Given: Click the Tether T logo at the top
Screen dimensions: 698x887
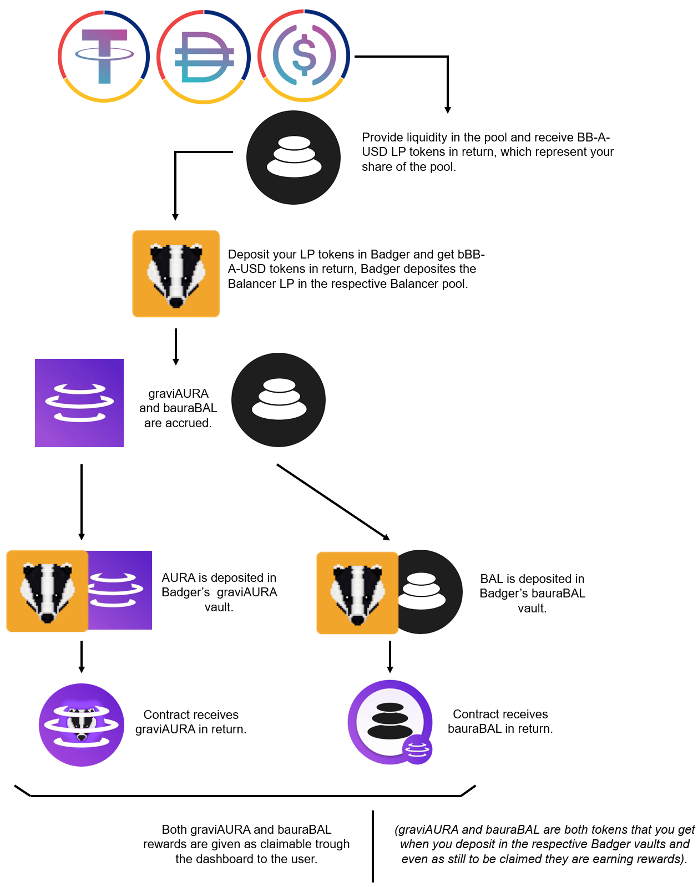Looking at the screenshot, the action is tap(104, 56).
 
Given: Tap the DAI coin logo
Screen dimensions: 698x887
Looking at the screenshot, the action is tap(204, 57).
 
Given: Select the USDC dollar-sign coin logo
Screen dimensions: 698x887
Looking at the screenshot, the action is tap(304, 55).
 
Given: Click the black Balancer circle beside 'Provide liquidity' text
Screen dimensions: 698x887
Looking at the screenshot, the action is tap(294, 158).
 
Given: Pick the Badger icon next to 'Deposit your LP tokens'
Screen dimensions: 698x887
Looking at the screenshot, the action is tap(176, 273).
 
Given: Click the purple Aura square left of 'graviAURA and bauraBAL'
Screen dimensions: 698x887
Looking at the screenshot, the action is tap(79, 403).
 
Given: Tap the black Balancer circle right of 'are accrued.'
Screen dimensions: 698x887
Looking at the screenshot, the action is tap(279, 400).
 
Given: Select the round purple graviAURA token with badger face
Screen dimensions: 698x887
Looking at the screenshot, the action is tap(82, 725).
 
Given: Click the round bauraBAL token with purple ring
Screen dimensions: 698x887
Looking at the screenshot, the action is tap(390, 722).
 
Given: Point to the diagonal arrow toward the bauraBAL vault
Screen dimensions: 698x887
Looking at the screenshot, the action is tap(333, 502).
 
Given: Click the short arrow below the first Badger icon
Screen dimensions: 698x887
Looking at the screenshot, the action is tap(176, 347).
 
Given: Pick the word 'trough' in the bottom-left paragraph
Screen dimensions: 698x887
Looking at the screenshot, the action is tap(332, 844).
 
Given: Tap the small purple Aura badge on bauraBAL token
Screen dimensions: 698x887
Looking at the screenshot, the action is tap(417, 749).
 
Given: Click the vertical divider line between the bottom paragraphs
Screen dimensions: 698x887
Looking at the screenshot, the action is tap(373, 847).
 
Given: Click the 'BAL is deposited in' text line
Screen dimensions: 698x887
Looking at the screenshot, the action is tap(532, 579).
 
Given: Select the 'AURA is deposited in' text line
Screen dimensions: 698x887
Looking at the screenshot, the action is tap(219, 577).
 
